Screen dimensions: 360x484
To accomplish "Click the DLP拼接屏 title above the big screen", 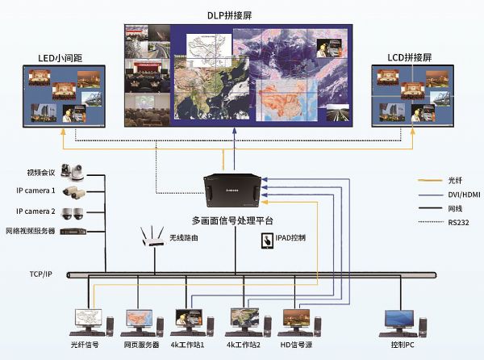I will pyautogui.click(x=239, y=15).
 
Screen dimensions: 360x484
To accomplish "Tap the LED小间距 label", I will pyautogui.click(x=60, y=58).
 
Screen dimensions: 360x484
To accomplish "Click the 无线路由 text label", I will pyautogui.click(x=184, y=238).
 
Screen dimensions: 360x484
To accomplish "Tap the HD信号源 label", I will pyautogui.click(x=298, y=345).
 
